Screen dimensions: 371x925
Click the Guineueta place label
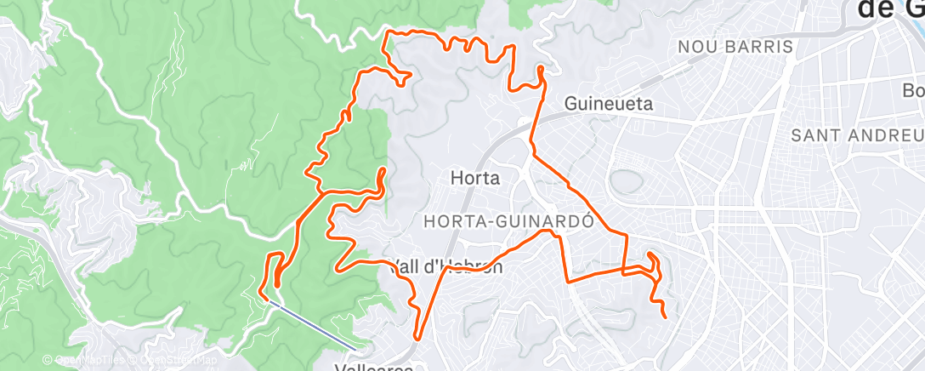609,104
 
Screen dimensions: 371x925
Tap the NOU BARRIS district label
735,47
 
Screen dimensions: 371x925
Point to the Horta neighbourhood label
474,179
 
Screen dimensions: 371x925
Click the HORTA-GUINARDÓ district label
507,221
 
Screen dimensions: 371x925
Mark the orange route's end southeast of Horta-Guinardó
664,318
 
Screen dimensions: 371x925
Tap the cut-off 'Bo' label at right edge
913,90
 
